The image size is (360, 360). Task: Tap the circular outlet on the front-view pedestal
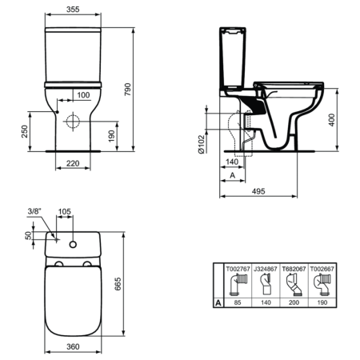(74, 122)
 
